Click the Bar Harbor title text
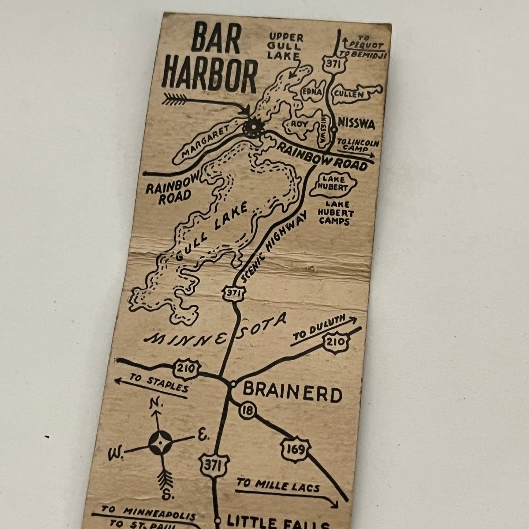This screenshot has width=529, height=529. (210, 62)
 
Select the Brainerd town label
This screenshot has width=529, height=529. (292, 394)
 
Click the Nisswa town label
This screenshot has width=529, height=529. (357, 125)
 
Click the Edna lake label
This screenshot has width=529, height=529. (312, 92)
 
